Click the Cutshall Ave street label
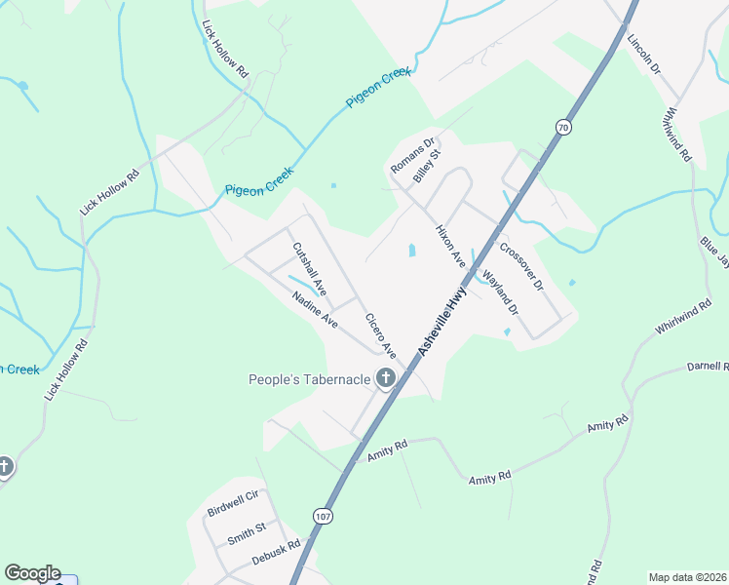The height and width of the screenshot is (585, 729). pyautogui.click(x=310, y=270)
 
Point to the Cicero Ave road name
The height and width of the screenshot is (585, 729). pyautogui.click(x=381, y=334)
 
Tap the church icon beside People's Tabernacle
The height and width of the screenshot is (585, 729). pyautogui.click(x=386, y=378)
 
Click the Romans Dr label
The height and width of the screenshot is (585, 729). pyautogui.click(x=411, y=156)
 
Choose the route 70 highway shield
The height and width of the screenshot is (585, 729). pyautogui.click(x=563, y=127)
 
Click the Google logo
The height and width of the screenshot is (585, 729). pyautogui.click(x=32, y=573)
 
